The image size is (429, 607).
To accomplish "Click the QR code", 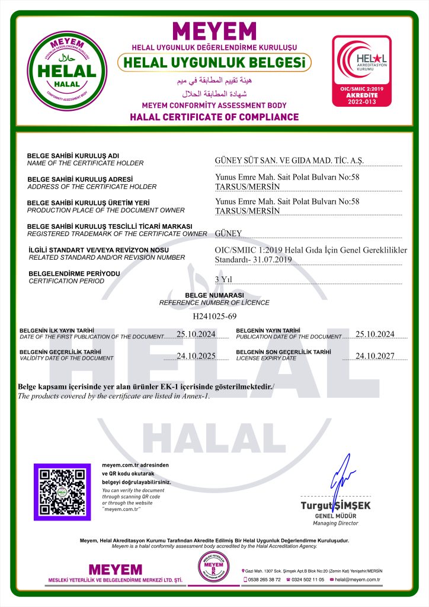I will click(62, 491).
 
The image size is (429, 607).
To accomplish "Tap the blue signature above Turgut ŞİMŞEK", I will click(341, 478).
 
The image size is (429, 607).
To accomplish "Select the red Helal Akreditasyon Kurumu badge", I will click(361, 72).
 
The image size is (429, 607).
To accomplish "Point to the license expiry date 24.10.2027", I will click(374, 356).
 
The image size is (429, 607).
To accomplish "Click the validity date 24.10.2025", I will click(196, 356).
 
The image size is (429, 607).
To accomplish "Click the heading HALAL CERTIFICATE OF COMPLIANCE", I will click(214, 117).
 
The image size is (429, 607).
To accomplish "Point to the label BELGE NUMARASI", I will click(214, 295).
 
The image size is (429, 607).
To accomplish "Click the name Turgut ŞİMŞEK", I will click(336, 506).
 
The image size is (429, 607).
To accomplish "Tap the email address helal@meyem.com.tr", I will click(357, 579).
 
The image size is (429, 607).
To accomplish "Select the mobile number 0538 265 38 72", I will click(264, 579).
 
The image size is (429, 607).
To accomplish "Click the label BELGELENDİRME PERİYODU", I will click(73, 273).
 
